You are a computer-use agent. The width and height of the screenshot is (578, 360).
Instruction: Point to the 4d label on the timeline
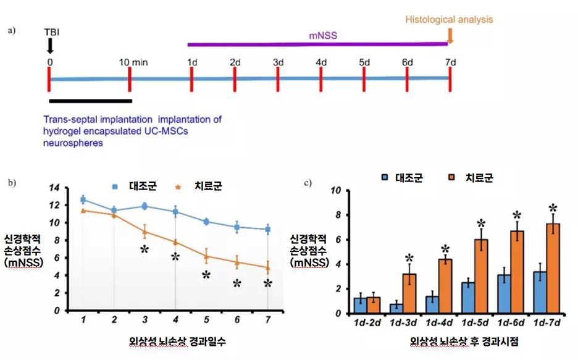[321, 62]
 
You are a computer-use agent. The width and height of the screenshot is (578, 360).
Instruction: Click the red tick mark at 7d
[450, 78]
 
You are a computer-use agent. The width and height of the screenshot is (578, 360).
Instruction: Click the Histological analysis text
[449, 19]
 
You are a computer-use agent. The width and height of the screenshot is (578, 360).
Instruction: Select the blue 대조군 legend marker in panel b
[115, 185]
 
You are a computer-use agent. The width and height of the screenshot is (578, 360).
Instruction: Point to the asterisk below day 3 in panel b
[144, 249]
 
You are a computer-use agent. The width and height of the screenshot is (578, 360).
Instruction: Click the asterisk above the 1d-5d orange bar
[481, 224]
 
